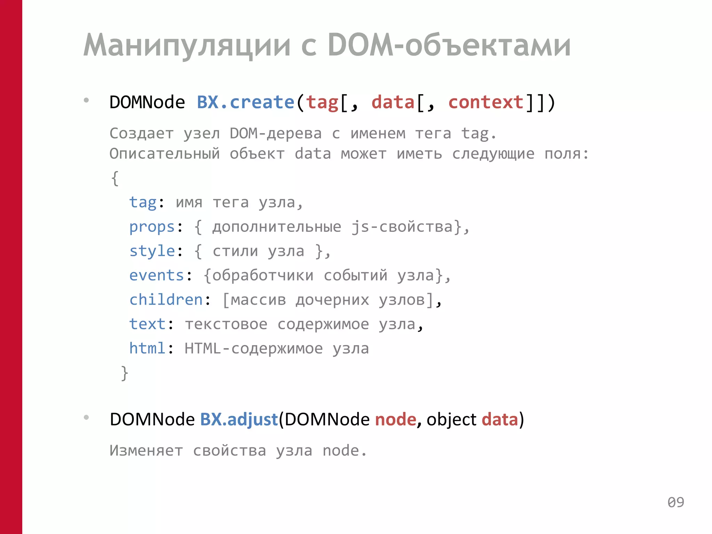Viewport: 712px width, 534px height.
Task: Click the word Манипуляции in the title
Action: pos(187,45)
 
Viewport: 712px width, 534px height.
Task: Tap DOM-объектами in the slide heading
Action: pos(449,45)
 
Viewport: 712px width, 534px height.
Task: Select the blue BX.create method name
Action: pos(245,103)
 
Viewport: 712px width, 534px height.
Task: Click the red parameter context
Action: pos(486,103)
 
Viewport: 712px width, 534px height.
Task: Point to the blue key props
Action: pos(152,227)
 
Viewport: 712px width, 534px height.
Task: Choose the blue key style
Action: pos(152,251)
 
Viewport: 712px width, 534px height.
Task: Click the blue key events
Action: pos(156,275)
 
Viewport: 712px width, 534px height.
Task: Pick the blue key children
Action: pos(166,300)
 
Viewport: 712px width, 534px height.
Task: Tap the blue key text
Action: pos(147,324)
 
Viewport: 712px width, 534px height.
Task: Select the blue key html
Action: pos(147,348)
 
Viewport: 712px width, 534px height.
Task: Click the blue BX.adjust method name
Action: pos(239,419)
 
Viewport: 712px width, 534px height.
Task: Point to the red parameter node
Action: pos(395,419)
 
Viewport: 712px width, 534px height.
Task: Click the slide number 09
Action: pos(675,502)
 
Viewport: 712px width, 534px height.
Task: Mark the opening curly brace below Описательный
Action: pos(115,178)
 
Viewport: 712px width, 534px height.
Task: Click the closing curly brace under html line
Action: pos(124,373)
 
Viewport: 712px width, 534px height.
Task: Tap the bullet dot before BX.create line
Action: pos(86,100)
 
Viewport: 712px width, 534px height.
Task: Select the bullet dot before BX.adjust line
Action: pos(86,417)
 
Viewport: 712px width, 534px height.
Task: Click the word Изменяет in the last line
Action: pos(146,451)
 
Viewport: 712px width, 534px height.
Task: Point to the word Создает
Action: pos(141,133)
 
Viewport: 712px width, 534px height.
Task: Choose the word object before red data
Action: pos(451,419)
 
